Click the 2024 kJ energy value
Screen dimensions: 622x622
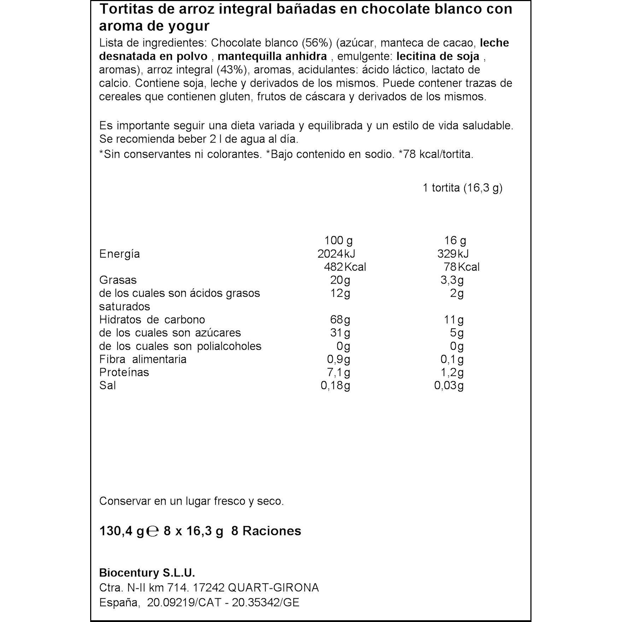click(x=336, y=254)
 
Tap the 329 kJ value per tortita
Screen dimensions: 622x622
click(x=453, y=254)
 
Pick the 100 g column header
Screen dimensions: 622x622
click(x=338, y=241)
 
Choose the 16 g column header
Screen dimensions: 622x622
click(x=455, y=241)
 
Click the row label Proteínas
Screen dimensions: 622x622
click(x=124, y=372)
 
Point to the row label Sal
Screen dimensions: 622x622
click(x=107, y=385)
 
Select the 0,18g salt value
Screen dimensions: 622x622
click(x=335, y=385)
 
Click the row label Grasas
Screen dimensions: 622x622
click(x=118, y=280)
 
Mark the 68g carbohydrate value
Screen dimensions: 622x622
click(x=340, y=320)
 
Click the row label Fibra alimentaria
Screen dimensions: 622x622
click(x=143, y=359)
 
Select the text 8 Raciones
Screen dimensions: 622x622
click(x=266, y=531)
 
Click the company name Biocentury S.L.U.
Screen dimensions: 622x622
click(x=147, y=573)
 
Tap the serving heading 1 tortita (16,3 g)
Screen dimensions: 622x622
click(x=463, y=188)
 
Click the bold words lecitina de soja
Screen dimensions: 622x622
click(x=438, y=56)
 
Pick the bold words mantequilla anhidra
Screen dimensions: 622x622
click(x=272, y=56)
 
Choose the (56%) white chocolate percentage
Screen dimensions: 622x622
click(x=317, y=43)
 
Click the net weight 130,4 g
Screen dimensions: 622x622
click(x=122, y=531)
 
